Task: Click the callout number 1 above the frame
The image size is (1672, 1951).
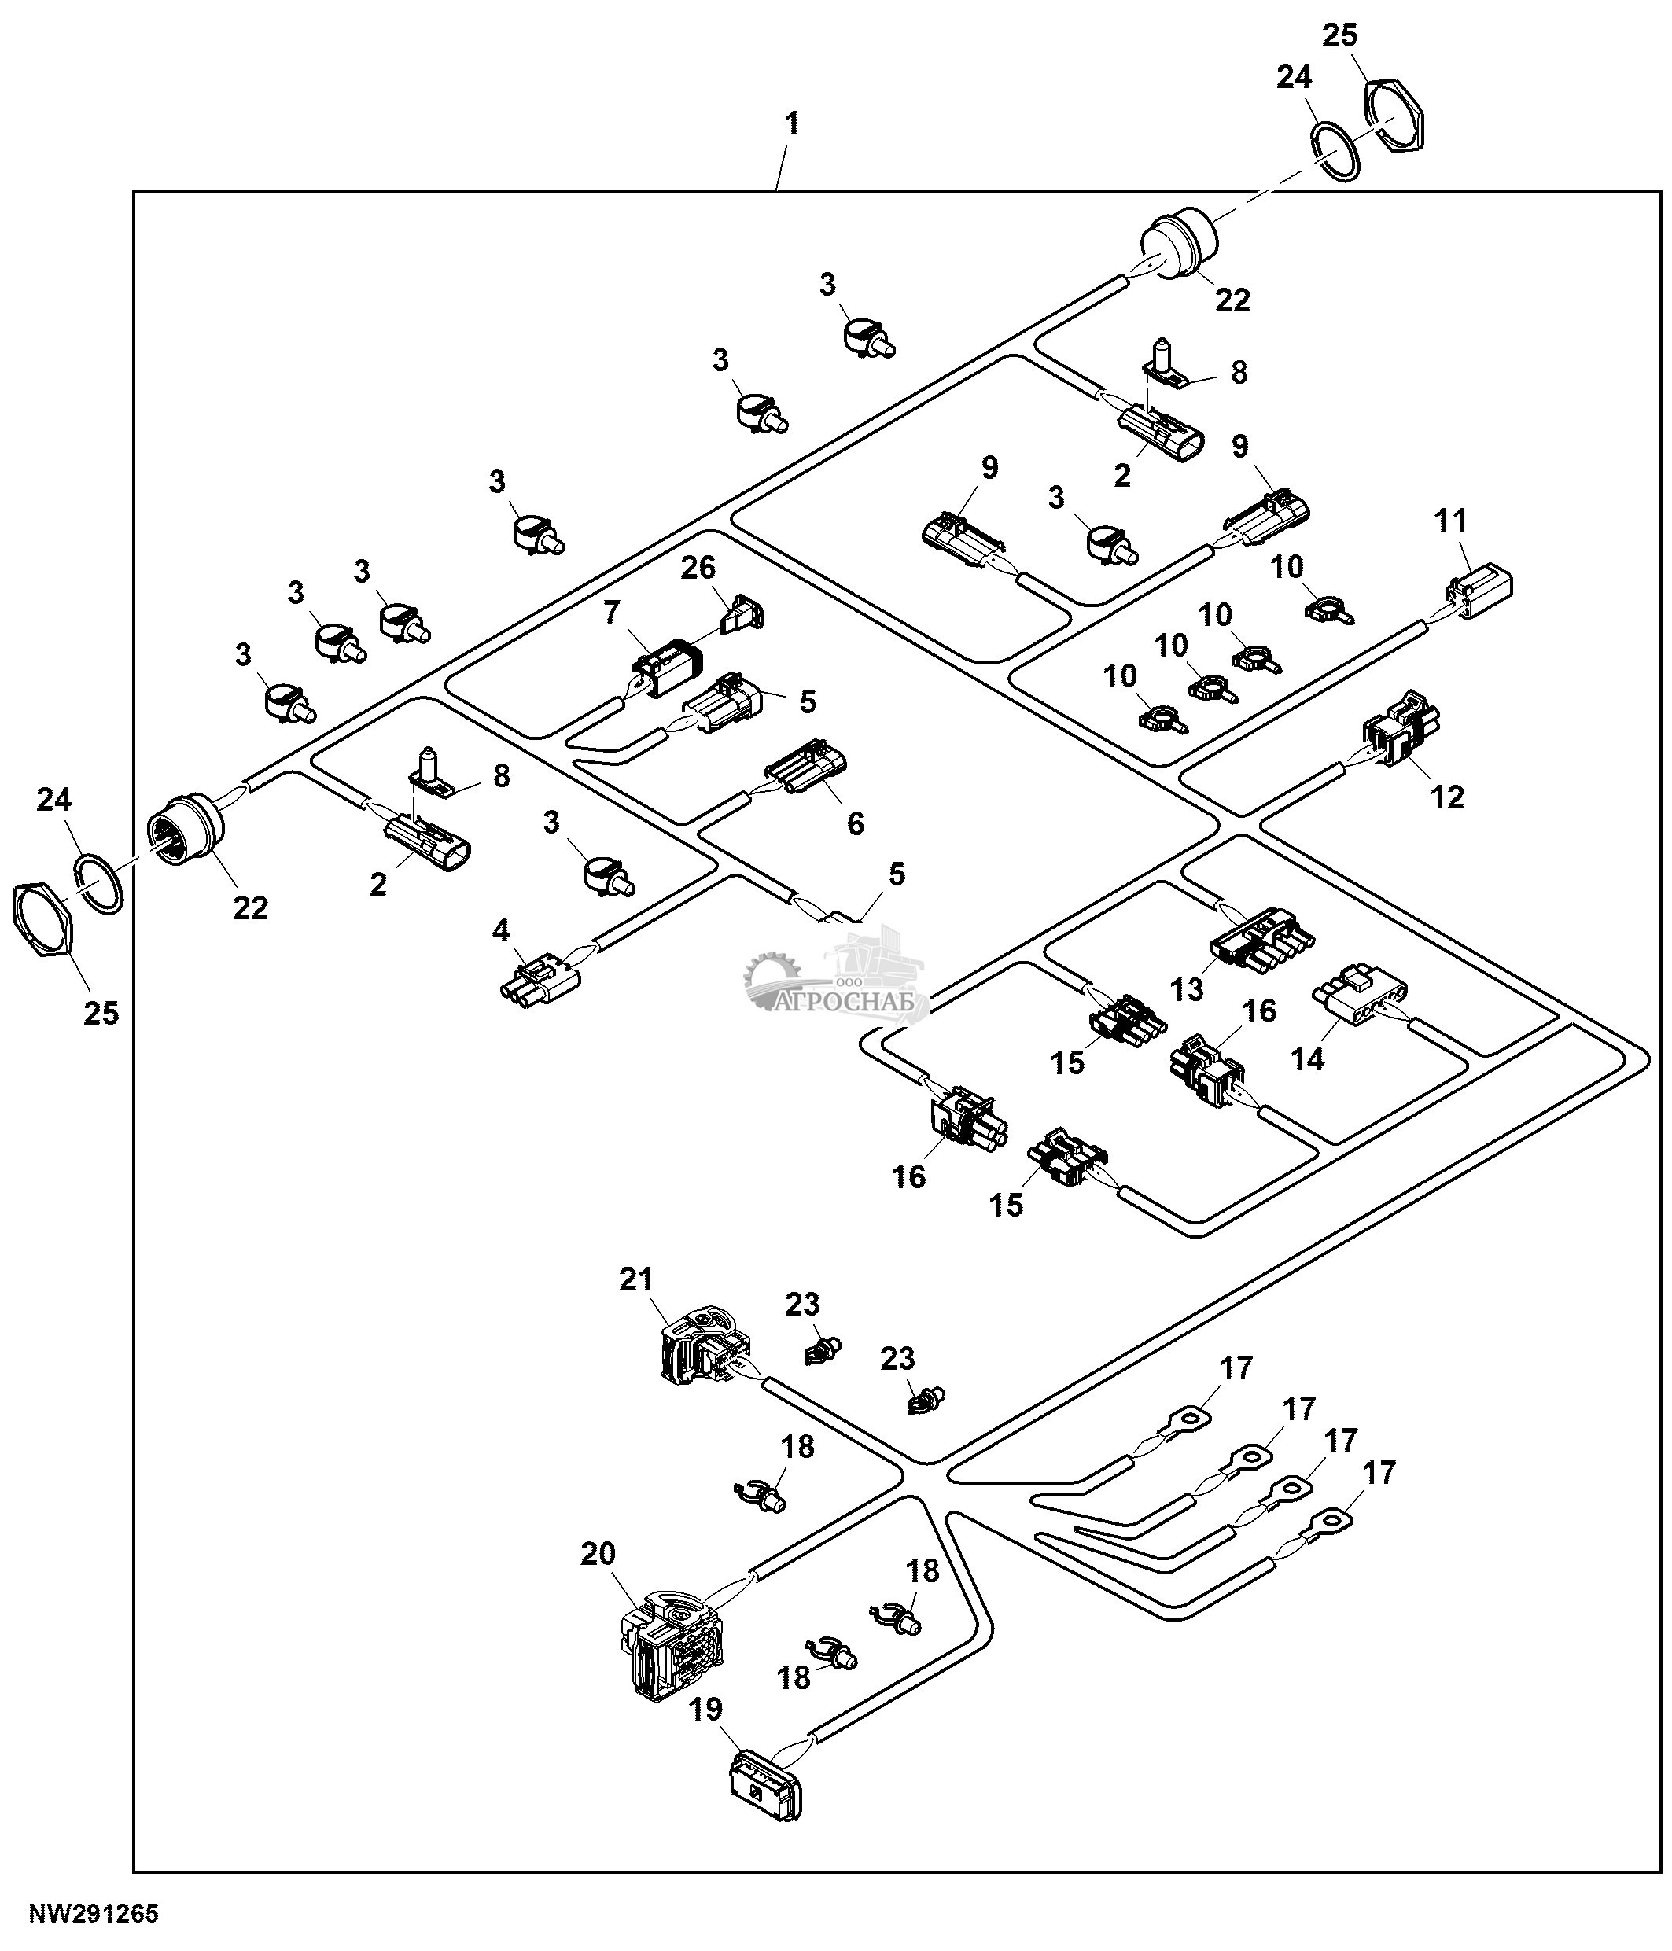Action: coord(792,123)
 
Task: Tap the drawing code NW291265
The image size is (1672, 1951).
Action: coord(94,1914)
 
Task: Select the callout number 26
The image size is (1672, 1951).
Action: coord(698,567)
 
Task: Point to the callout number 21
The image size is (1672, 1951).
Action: coord(635,1279)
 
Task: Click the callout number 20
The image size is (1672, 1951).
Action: coord(598,1554)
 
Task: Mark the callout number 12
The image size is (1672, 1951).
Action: coord(1447,797)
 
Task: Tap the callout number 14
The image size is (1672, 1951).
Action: coord(1308,1058)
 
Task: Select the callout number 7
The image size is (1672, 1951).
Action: coord(611,613)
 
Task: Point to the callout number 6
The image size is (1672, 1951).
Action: coord(855,823)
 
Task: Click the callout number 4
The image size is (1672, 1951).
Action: coord(501,930)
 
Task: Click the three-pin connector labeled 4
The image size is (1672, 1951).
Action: coord(540,979)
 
